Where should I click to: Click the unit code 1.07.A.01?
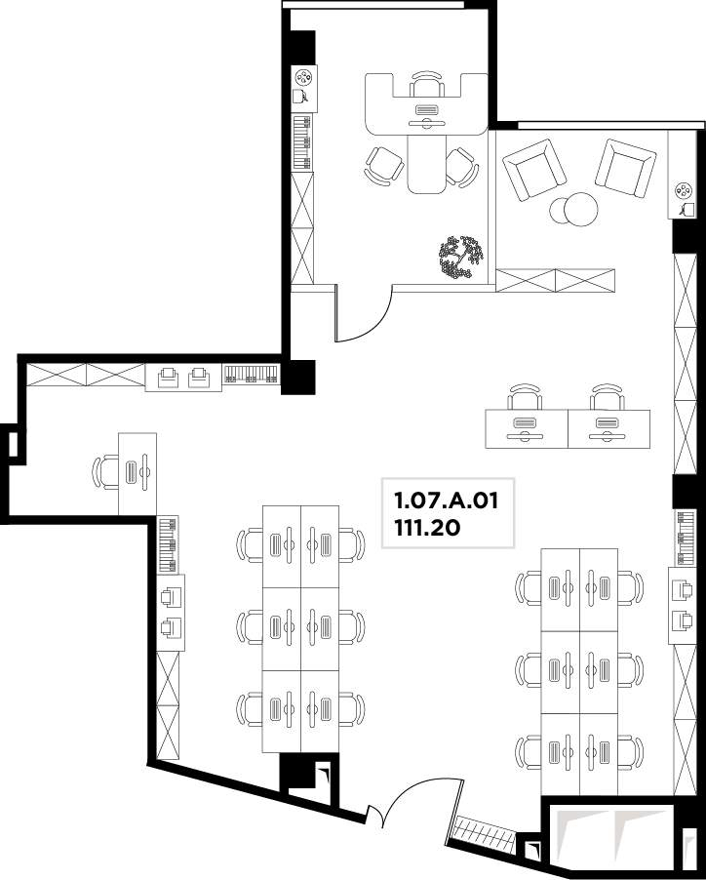coord(446,500)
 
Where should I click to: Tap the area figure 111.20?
coord(427,528)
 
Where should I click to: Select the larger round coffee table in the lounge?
coord(580,209)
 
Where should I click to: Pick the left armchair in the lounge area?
coord(533,170)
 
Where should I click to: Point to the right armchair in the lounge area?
coord(625,168)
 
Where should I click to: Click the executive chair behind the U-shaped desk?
coord(427,83)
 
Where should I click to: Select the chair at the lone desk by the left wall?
coord(105,472)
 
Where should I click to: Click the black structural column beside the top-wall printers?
coord(298,377)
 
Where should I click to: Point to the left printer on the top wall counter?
coord(169,378)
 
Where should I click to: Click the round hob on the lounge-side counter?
coord(684,191)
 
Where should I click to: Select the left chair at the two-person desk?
coord(525,397)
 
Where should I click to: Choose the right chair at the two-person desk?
coord(608,397)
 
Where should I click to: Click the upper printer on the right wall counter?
coord(682,590)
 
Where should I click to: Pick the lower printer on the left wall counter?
coord(171,627)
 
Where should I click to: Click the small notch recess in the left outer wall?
coord(13,443)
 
